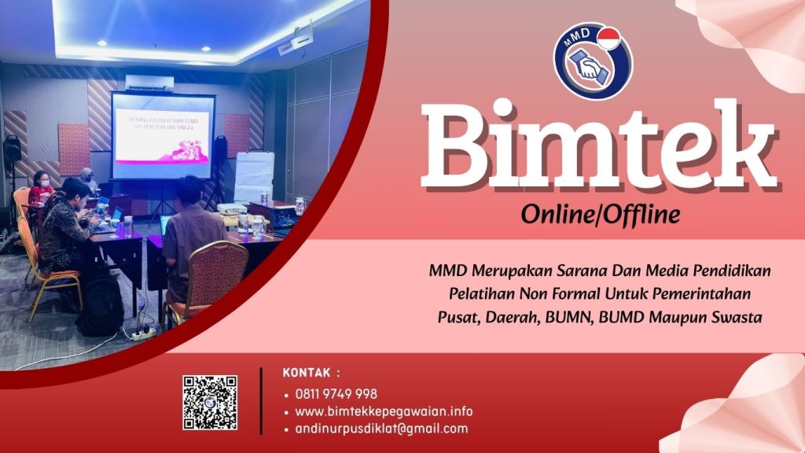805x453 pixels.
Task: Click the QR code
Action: (210, 403)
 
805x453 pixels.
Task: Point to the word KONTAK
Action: (307, 373)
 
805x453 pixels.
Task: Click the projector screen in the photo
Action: (163, 136)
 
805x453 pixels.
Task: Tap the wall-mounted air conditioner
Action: (149, 83)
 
